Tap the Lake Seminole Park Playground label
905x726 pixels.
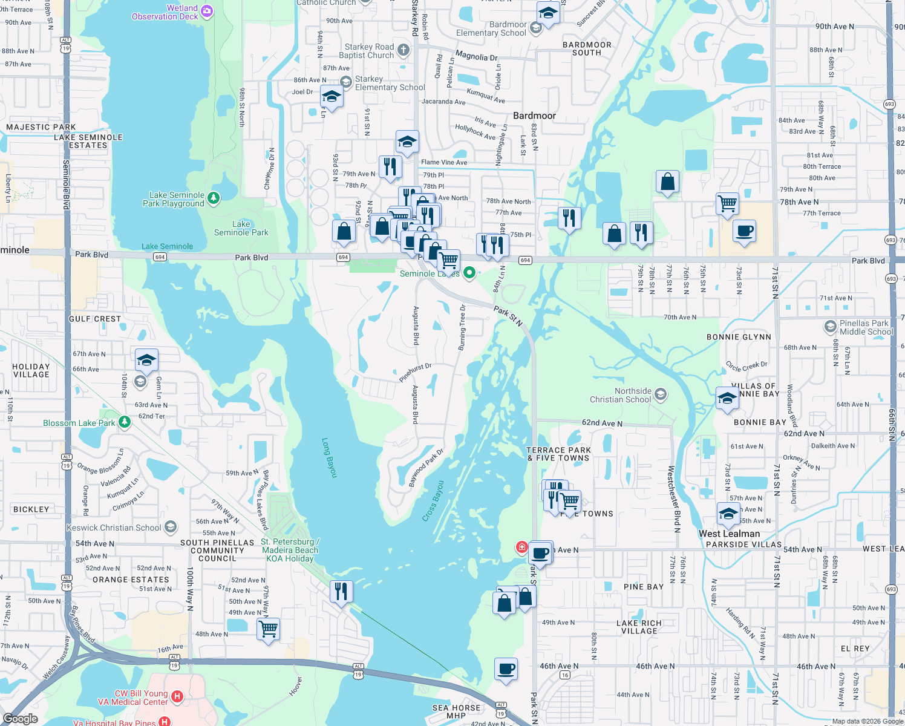pos(177,199)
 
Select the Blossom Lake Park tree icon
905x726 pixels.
pos(125,422)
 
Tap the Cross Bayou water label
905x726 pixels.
pos(433,501)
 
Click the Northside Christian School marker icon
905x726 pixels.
pos(661,395)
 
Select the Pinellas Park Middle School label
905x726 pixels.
pos(866,327)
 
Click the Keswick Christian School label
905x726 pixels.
pos(114,528)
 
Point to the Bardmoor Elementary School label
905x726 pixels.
pos(491,29)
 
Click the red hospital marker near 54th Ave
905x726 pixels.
pos(521,547)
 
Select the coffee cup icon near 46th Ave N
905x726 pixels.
pos(506,669)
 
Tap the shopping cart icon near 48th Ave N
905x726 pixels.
pos(268,629)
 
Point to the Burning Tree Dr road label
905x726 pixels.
pos(463,327)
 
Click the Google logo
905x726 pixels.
pos(20,719)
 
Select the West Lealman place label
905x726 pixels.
pos(729,534)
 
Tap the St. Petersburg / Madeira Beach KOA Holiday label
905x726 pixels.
pos(290,550)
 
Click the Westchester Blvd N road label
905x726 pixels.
pos(674,499)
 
